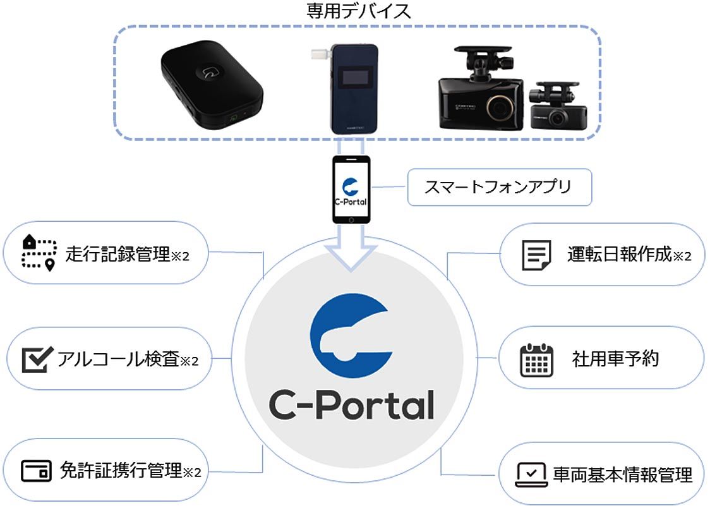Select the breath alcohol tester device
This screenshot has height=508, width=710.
click(x=352, y=88)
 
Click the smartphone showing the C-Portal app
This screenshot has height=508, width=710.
click(x=352, y=190)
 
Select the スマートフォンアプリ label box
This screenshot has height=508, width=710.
click(x=500, y=187)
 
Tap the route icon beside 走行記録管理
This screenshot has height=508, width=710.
click(x=39, y=253)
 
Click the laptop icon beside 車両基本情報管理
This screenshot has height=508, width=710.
click(x=531, y=474)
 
